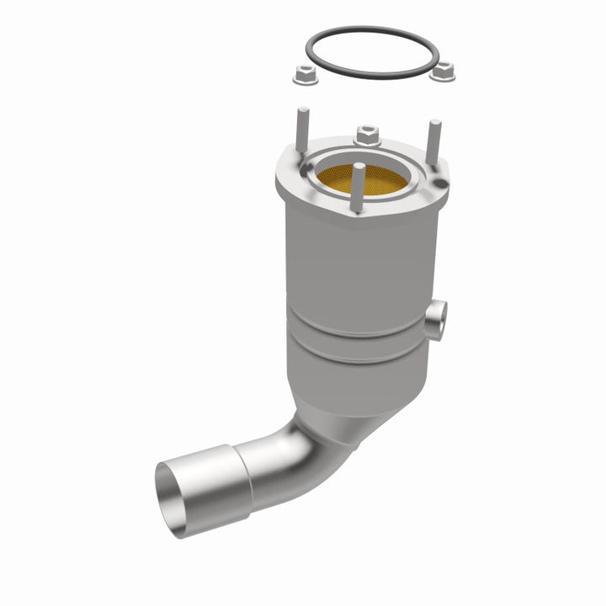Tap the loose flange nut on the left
click(x=306, y=76)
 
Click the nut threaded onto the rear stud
click(x=366, y=134)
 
